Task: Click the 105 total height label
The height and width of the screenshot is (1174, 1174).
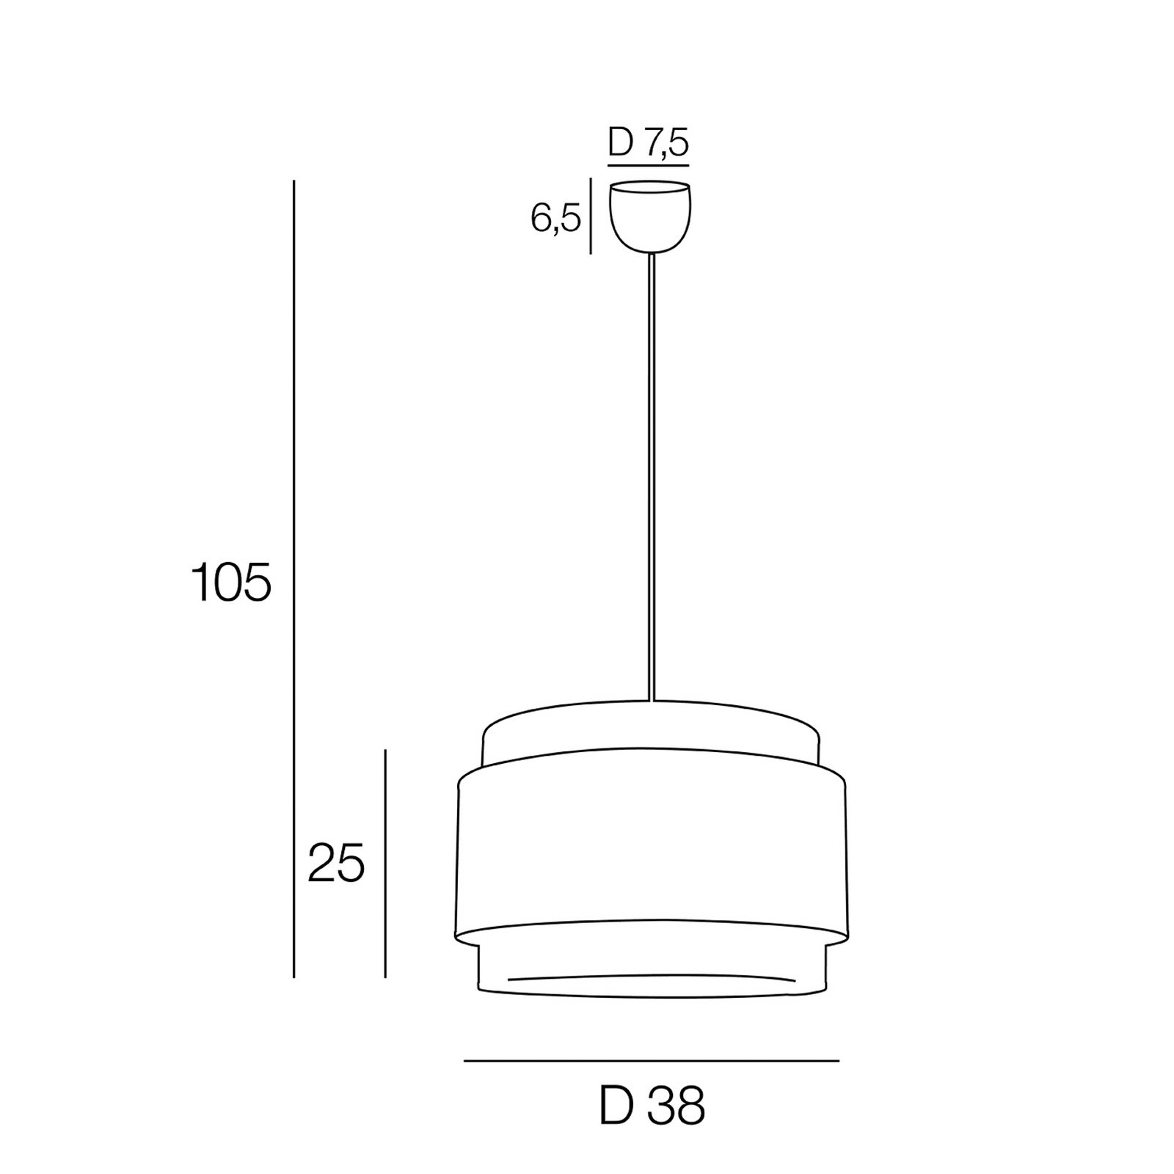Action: tap(231, 583)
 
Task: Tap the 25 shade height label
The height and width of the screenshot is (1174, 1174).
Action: tap(336, 864)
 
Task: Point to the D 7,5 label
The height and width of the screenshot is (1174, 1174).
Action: tap(649, 142)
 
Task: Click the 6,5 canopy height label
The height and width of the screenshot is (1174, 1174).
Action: tap(555, 219)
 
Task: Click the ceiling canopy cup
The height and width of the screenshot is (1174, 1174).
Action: tap(650, 220)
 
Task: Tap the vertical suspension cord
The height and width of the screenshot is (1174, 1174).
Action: tap(651, 477)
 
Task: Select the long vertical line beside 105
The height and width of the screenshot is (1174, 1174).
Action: tap(293, 580)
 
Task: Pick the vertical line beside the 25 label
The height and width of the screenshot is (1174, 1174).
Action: tap(385, 864)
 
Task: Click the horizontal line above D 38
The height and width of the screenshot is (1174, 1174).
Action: tap(652, 1061)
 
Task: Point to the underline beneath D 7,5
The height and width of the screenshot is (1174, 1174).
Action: tap(649, 165)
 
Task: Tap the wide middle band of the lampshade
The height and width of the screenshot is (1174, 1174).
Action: tap(652, 851)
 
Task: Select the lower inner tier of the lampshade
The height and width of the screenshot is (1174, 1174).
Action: tap(652, 965)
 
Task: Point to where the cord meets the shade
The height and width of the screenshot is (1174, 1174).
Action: tap(651, 701)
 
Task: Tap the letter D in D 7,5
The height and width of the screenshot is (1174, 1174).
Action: tap(620, 142)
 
